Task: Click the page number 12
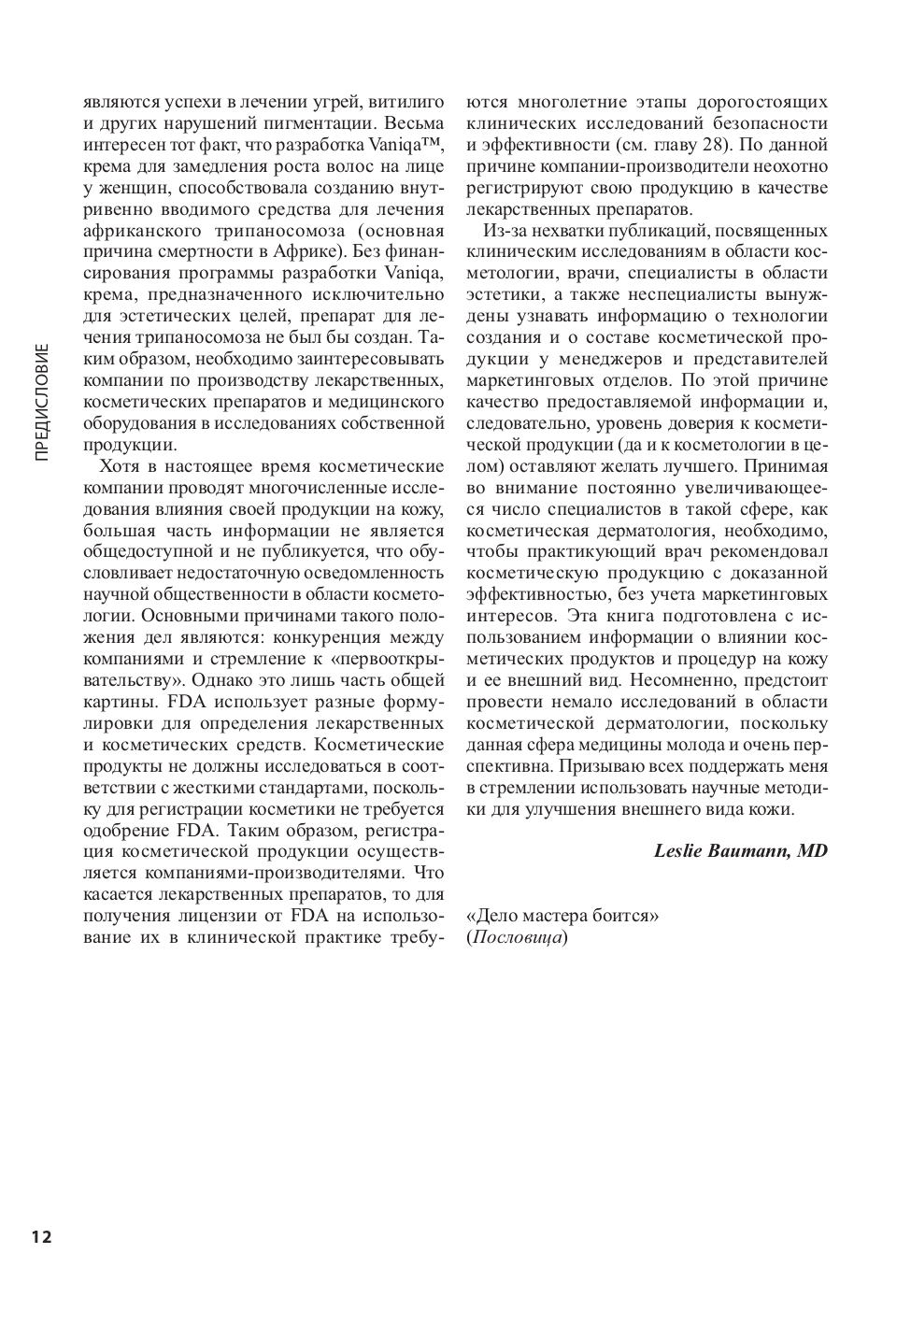[41, 1237]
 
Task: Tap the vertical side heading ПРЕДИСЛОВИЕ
[42, 402]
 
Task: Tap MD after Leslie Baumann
[813, 850]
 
